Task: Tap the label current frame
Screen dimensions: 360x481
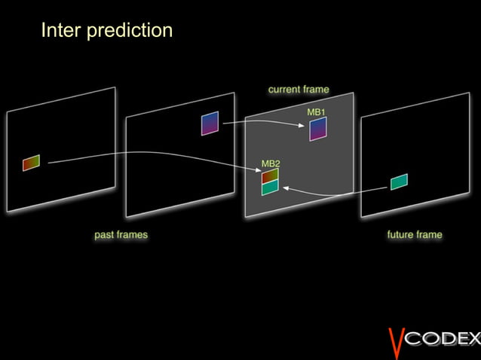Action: pos(299,90)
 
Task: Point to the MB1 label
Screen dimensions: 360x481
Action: pos(316,112)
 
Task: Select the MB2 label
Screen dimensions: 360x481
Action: pos(271,163)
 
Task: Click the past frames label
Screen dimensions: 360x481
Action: pos(121,235)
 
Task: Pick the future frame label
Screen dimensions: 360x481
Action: pos(415,235)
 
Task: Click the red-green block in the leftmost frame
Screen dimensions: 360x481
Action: pos(31,163)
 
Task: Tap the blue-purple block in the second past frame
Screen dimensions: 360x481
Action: pos(210,123)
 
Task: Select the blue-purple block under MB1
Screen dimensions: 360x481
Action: pos(318,129)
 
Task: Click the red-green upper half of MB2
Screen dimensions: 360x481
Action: pos(270,176)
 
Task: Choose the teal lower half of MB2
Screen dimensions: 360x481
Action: pos(270,188)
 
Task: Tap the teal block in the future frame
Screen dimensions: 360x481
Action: pos(400,182)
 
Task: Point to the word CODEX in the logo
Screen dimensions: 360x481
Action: pos(443,340)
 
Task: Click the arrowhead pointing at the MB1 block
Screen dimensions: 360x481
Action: pos(307,126)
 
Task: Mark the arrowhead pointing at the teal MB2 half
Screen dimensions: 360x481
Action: pos(285,188)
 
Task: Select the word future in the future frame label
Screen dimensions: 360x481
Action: pos(401,235)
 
